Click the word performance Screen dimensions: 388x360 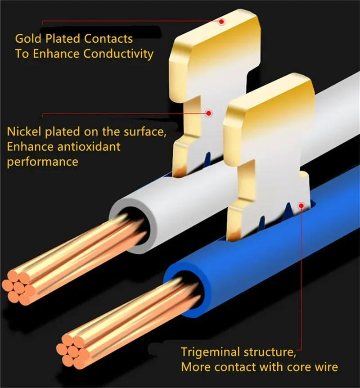point(43,162)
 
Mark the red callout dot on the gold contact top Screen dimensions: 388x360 point(221,21)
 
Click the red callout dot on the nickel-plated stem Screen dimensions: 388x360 point(208,114)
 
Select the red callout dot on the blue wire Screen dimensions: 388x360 point(301,206)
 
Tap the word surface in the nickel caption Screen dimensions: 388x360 point(139,132)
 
